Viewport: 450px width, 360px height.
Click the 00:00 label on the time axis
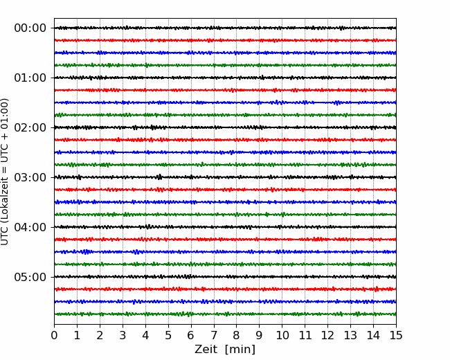tap(30, 28)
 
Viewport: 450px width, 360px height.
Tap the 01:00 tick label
tap(30, 78)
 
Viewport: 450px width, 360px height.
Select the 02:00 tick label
tap(30, 127)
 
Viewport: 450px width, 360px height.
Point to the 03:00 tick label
tap(30, 177)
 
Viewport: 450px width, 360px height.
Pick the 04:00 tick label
tap(30, 227)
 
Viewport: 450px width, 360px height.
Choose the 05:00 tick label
tap(30, 277)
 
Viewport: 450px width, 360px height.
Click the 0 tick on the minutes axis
tap(54, 335)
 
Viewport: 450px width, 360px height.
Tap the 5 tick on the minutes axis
tap(168, 335)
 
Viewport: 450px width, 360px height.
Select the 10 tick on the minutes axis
tap(282, 335)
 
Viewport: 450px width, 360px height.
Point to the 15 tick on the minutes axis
tap(396, 335)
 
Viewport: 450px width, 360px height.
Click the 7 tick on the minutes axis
tap(214, 335)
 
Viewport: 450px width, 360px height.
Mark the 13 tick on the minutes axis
tap(350, 335)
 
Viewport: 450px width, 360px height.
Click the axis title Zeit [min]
tap(225, 350)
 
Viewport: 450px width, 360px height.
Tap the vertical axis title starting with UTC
tap(5, 172)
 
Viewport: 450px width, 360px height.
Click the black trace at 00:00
tap(225, 28)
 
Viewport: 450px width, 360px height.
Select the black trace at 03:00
tap(225, 177)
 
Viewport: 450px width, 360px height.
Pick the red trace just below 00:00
tap(225, 40)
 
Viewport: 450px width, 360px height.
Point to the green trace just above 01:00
tap(225, 65)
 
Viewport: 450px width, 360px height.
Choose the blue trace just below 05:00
tap(225, 301)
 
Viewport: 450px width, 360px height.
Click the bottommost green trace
tap(225, 314)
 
